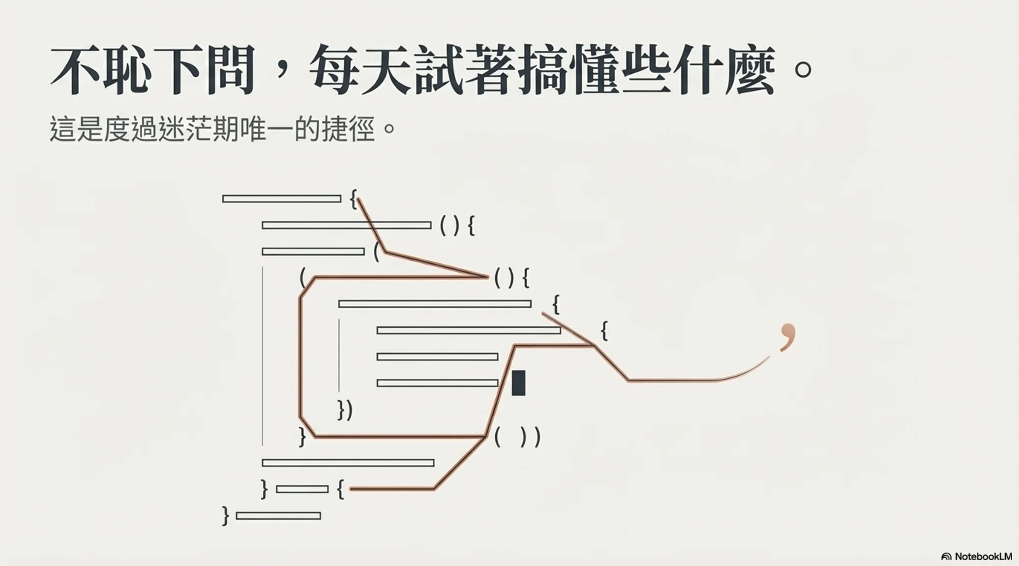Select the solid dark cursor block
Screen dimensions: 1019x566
pyautogui.click(x=518, y=383)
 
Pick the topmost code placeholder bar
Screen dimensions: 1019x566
pyautogui.click(x=282, y=199)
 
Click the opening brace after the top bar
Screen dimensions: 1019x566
pyautogui.click(x=353, y=199)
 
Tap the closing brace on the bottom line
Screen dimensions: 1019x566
pyautogui.click(x=226, y=516)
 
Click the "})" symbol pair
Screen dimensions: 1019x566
pyautogui.click(x=345, y=410)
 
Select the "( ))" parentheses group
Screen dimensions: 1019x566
pyautogui.click(x=517, y=437)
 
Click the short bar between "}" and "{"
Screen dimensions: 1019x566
pyautogui.click(x=302, y=489)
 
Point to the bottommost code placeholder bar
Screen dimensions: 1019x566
pyautogui.click(x=278, y=516)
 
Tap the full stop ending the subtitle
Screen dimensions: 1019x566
pyautogui.click(x=389, y=129)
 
